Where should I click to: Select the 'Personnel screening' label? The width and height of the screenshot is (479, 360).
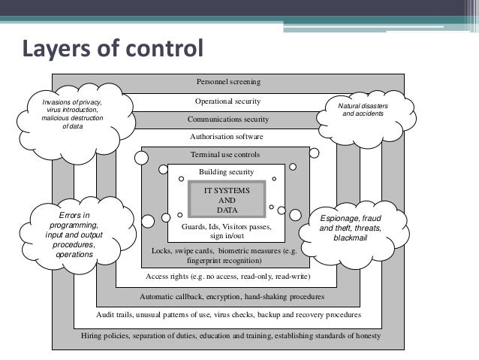point(228,81)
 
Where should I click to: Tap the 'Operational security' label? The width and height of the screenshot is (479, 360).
point(228,100)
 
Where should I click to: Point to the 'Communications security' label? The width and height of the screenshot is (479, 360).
point(228,119)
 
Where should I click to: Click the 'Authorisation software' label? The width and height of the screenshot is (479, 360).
point(228,137)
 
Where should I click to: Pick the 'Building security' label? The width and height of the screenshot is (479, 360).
point(227,172)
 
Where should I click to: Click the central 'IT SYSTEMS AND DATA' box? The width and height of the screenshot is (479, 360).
point(227,200)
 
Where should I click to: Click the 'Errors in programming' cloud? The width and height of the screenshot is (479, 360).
point(74,235)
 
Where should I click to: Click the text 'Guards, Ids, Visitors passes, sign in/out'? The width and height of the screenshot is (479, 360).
point(226,230)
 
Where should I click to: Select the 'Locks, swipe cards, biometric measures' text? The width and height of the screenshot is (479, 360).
point(226,256)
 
